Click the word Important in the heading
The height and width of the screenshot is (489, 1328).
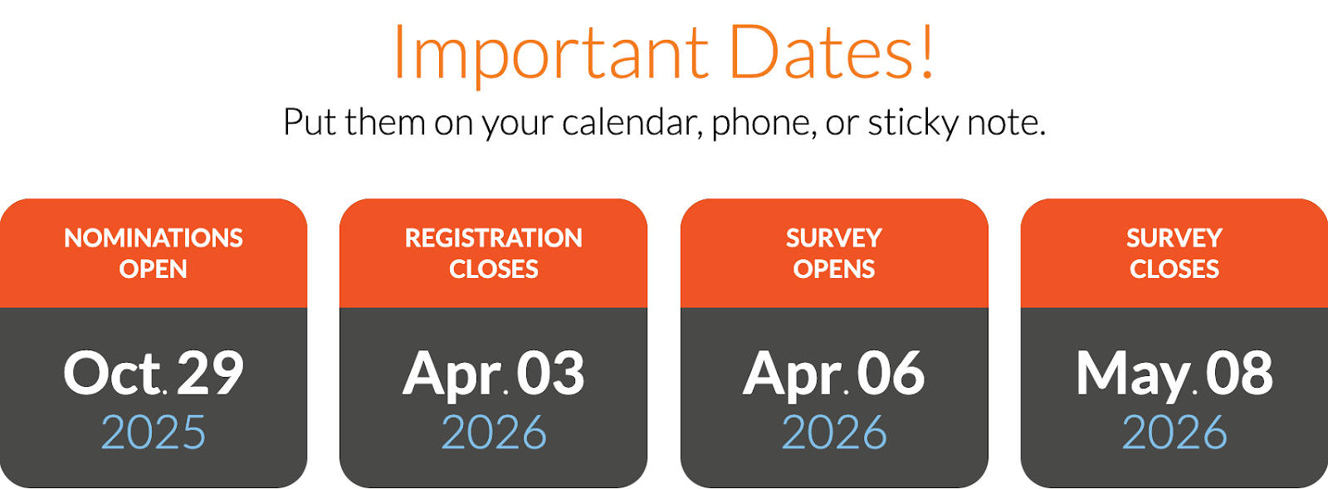point(550,53)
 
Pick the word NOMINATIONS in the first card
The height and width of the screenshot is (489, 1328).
point(154,238)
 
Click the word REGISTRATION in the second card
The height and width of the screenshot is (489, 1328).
point(494,238)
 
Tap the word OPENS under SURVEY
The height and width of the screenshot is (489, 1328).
point(834,269)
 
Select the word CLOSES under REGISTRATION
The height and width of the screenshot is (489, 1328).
point(494,269)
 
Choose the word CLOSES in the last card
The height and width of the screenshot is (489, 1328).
point(1174,269)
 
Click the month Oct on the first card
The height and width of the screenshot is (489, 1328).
point(112,374)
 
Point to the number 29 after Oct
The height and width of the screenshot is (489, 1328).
point(210,374)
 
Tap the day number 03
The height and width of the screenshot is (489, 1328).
point(550,374)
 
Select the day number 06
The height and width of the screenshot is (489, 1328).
point(891,374)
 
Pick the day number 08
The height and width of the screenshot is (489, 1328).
point(1239,374)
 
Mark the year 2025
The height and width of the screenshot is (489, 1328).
point(154,433)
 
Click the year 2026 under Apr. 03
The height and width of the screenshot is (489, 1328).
point(494,433)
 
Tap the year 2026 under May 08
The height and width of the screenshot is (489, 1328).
point(1174,433)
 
